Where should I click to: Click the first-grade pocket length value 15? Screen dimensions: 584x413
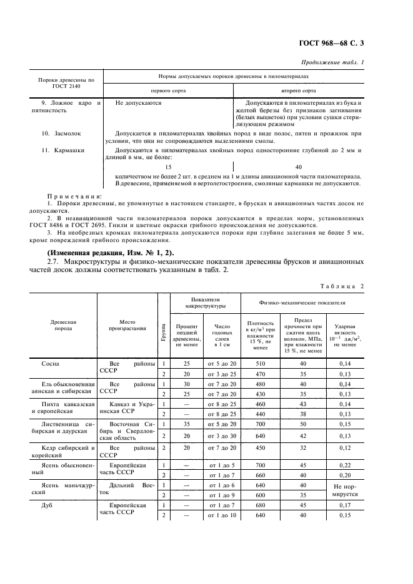pos(167,167)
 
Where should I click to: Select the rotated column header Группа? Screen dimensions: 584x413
pos(164,326)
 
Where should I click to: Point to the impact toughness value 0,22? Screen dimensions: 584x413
pos(346,465)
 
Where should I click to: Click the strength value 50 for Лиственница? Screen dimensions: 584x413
pos(303,424)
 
